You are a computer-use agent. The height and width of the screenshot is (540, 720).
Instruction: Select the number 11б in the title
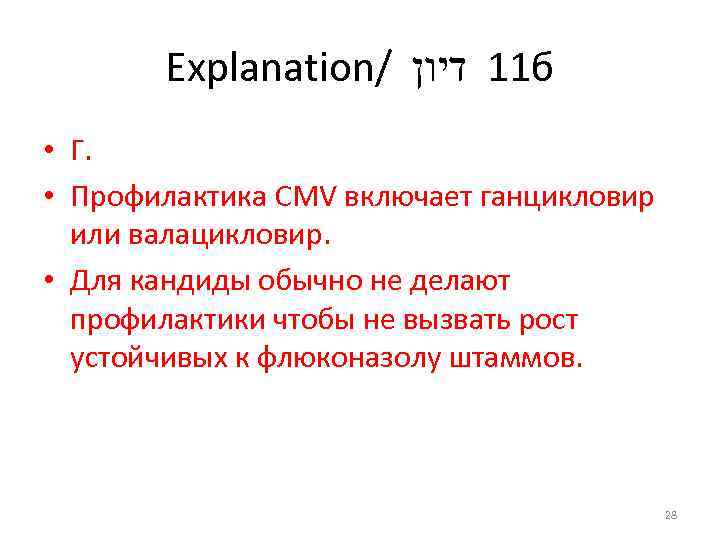521,70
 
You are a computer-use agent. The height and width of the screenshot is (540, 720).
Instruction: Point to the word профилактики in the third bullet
166,321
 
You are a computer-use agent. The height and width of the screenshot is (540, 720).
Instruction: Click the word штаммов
522,359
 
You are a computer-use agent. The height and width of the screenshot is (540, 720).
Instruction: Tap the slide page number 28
670,515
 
